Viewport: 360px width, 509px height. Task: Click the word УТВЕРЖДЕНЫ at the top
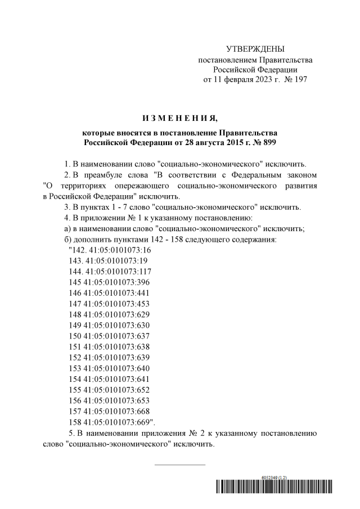point(255,49)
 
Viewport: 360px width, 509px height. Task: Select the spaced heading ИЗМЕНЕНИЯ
point(179,118)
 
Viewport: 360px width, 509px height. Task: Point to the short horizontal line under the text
point(179,465)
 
